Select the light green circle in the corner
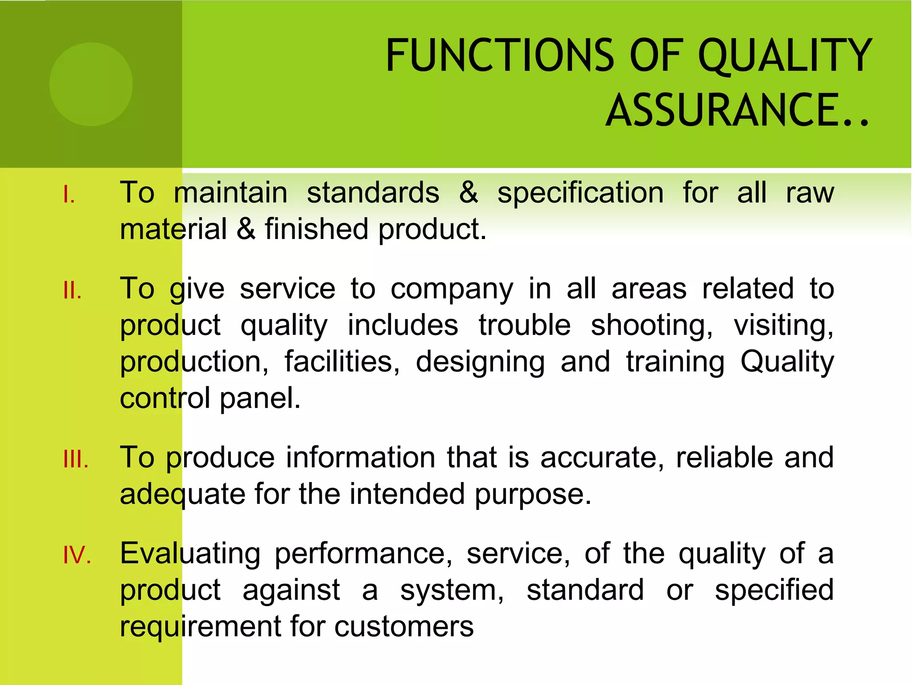[x=91, y=84]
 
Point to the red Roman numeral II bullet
[x=72, y=291]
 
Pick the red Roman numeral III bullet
[x=76, y=459]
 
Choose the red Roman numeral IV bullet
[x=77, y=556]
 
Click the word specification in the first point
[x=580, y=194]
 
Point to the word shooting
[x=652, y=326]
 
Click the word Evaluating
[x=190, y=554]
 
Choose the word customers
[x=404, y=627]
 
